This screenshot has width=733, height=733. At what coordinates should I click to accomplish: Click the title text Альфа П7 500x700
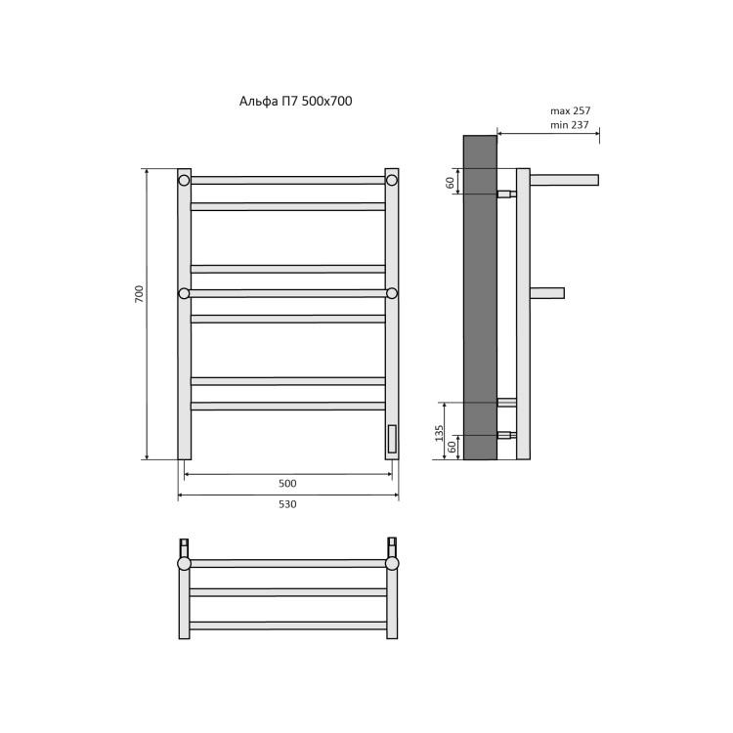point(295,102)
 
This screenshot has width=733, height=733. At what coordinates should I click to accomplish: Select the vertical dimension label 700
point(139,293)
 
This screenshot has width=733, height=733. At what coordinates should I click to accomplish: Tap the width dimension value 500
point(287,483)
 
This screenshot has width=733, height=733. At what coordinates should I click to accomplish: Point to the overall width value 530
point(287,504)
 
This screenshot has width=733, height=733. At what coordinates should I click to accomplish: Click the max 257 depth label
point(570,111)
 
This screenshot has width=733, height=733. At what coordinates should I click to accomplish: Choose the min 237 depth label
point(570,125)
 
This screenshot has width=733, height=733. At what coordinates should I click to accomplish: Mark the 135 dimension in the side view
point(440,431)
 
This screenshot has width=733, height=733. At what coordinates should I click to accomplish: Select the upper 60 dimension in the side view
point(451,182)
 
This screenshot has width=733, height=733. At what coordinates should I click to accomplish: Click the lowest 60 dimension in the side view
point(451,447)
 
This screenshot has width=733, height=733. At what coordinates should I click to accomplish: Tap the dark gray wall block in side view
point(480,293)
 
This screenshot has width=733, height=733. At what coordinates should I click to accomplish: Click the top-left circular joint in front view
point(184,180)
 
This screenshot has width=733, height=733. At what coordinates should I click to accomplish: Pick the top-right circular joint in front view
point(392,180)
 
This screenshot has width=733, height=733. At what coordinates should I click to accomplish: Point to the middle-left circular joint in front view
point(184,293)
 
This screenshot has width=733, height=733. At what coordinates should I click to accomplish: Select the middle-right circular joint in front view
point(392,293)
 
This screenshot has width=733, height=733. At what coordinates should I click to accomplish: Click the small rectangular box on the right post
point(392,439)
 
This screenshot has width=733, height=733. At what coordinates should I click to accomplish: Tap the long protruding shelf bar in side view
point(564,180)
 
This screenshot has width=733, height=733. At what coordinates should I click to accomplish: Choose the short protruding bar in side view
point(547,293)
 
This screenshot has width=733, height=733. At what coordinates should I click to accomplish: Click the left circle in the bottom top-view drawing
point(184,563)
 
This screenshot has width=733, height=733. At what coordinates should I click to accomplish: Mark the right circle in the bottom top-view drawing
point(392,563)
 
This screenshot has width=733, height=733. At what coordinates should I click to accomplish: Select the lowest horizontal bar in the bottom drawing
point(287,625)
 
